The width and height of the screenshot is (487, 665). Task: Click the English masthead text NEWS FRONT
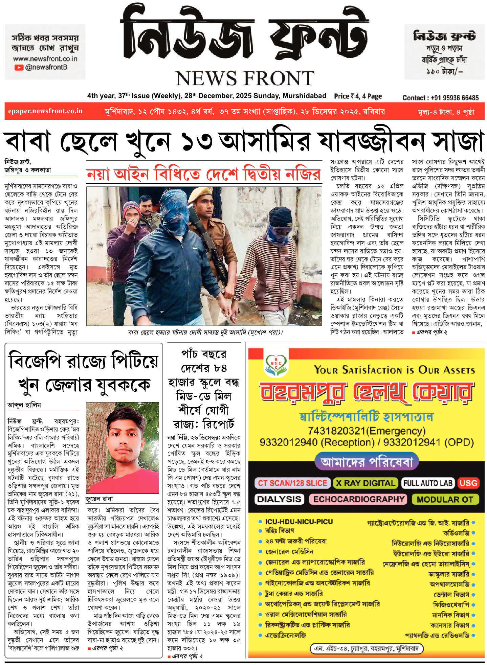[245, 78]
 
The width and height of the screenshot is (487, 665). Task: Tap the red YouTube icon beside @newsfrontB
[19, 67]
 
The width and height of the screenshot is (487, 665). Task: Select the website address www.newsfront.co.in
[45, 59]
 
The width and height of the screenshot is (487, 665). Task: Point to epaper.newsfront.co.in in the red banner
[45, 111]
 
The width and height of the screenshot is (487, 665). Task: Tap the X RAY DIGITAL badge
[365, 483]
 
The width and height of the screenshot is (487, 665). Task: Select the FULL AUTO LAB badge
[428, 483]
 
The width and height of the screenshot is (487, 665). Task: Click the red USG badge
[468, 483]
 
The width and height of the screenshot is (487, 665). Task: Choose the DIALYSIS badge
[279, 499]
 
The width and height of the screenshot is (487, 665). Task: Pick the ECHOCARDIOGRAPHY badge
[358, 499]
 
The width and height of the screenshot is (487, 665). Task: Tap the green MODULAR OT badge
[445, 499]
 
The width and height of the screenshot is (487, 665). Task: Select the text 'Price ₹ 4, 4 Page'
[358, 96]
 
